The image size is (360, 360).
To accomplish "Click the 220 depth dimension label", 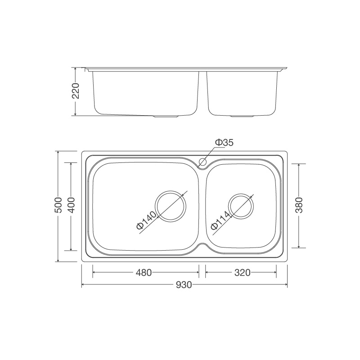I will tap(76, 91).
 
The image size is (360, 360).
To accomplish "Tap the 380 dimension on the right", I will tap(300, 205).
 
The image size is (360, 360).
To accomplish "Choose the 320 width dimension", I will tap(242, 273).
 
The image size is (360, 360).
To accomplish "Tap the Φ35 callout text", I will tap(224, 143).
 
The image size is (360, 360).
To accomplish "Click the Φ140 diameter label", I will tap(147, 220).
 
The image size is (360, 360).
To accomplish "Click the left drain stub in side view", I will tap(167, 117).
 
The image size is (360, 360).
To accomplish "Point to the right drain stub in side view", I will tap(242, 117).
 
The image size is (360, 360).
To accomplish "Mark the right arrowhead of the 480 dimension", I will tap(197, 273).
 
